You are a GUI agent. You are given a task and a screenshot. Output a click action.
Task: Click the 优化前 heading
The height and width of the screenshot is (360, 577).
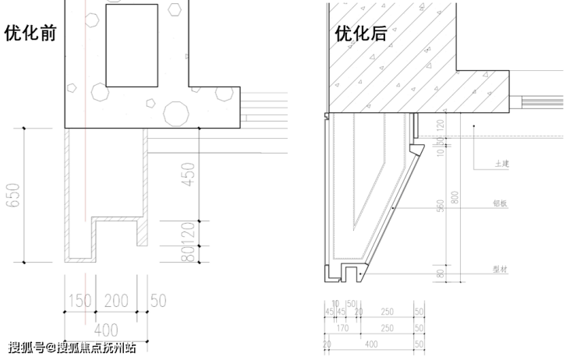[30, 34]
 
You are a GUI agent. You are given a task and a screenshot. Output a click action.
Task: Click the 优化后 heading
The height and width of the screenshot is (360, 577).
[360, 34]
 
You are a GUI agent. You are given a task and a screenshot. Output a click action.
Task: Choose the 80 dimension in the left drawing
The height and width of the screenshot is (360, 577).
[187, 254]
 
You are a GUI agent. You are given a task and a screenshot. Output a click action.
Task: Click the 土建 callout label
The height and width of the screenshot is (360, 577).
[501, 165]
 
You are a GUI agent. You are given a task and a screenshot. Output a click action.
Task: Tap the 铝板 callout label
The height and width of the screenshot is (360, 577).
[501, 203]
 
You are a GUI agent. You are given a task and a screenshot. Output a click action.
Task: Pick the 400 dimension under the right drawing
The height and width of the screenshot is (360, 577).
[371, 343]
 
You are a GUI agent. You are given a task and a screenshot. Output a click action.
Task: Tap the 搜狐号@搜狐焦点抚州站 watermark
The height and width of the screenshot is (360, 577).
[73, 348]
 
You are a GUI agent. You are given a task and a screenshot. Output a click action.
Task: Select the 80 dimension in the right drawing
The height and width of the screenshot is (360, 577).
[441, 274]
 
